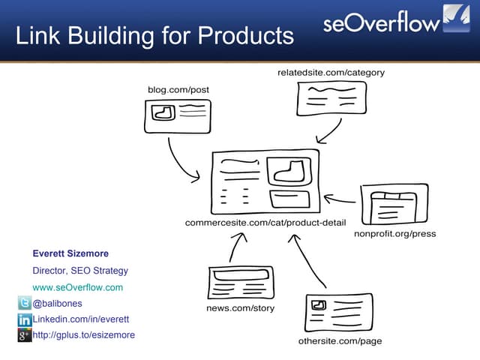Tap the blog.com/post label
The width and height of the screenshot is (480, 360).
tap(178, 90)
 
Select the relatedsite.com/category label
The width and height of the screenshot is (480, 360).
tap(331, 73)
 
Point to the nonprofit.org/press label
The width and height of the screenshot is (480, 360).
tap(394, 234)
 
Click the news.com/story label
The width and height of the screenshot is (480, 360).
tap(240, 308)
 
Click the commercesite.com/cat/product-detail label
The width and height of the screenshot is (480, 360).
tap(265, 223)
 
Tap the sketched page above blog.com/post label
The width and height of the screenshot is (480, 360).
tap(178, 116)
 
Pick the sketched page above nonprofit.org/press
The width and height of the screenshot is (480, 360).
tap(394, 205)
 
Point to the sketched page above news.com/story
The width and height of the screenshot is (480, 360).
tap(241, 283)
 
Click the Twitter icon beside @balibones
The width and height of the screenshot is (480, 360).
tap(24, 304)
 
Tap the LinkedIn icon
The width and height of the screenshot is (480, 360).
tap(24, 319)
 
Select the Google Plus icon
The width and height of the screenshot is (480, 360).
tap(24, 335)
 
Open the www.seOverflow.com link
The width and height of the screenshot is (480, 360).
tap(77, 287)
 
